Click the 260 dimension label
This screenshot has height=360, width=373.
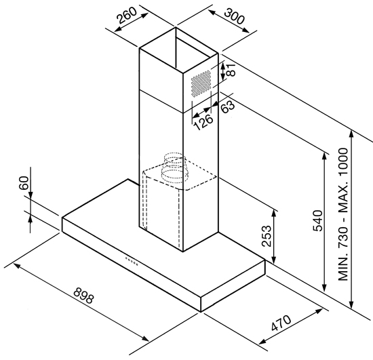(x=127, y=15)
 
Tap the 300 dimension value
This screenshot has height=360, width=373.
(x=235, y=16)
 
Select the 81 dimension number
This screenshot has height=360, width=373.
(x=231, y=70)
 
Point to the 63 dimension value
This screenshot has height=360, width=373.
(x=228, y=106)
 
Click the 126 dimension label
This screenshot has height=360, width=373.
(x=203, y=122)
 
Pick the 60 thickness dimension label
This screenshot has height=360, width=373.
(x=24, y=183)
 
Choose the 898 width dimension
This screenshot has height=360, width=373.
(x=83, y=296)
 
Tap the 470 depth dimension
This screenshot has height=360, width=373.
(x=281, y=323)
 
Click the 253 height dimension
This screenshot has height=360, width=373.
(x=267, y=236)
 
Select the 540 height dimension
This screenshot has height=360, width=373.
(x=318, y=220)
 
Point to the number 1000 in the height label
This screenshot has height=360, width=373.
(x=343, y=162)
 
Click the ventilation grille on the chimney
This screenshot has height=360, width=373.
(x=201, y=83)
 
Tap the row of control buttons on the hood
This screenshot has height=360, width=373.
(x=132, y=261)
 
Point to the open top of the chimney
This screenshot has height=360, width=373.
(x=179, y=49)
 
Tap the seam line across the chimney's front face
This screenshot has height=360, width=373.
(x=161, y=101)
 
